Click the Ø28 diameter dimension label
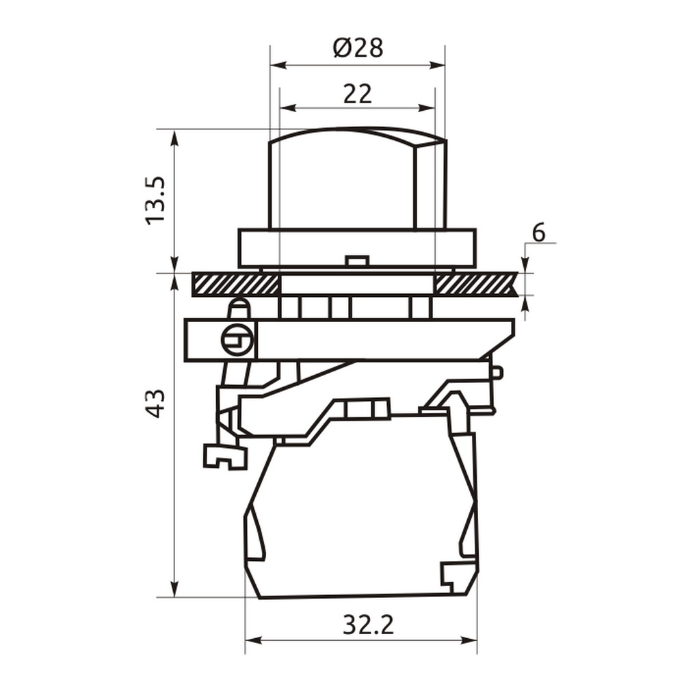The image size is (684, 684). (358, 48)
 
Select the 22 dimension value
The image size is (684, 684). (358, 94)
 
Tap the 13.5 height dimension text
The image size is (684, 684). (156, 200)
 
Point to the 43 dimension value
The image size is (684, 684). (156, 404)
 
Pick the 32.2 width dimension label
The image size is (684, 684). (368, 624)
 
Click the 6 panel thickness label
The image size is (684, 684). (539, 233)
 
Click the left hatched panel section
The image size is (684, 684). (235, 285)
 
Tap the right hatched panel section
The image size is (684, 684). (476, 285)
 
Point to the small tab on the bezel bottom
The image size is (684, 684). (357, 261)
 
